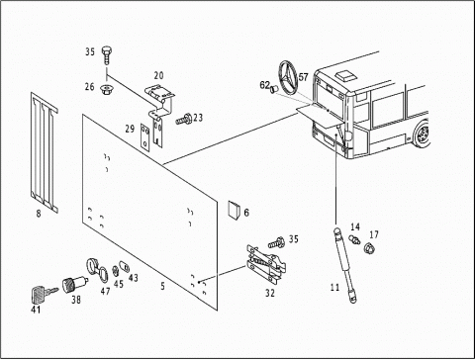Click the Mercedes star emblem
288,77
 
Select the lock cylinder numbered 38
74,285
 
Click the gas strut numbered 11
344,264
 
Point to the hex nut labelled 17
368,247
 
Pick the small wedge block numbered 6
235,210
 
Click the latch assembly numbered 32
265,264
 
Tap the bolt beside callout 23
183,119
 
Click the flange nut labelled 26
106,88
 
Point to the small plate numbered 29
145,137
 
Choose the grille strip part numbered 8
45,152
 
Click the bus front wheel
422,134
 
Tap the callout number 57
303,77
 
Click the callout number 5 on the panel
162,286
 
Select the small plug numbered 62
273,89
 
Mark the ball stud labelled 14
354,238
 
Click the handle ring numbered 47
97,270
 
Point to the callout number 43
134,278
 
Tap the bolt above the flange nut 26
106,54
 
